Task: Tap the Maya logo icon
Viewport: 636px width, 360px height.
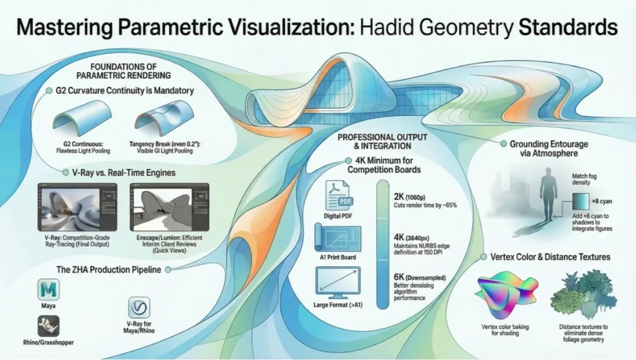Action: pyautogui.click(x=48, y=290)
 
